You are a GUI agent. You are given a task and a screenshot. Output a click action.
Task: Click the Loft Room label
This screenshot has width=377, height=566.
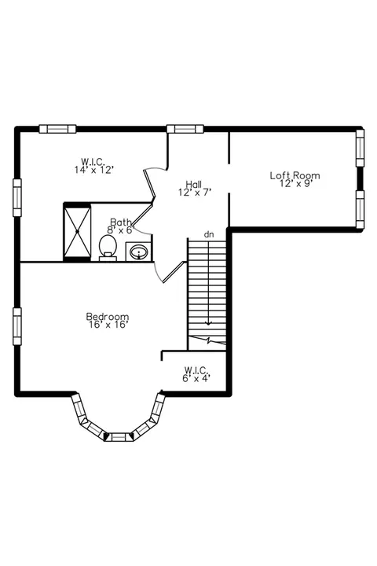(x=295, y=175)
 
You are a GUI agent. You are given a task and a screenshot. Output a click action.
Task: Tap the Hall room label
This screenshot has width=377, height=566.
(x=194, y=184)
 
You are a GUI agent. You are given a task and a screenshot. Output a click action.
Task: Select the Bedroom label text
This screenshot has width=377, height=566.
(x=108, y=317)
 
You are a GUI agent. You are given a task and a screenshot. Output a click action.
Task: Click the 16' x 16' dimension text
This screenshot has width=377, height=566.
(x=108, y=325)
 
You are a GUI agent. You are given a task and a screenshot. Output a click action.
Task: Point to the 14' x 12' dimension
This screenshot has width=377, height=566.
(x=94, y=169)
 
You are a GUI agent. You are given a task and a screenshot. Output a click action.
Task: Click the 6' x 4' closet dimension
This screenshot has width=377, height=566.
(x=196, y=378)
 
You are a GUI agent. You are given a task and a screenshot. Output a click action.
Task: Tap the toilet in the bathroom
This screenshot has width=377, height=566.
(x=108, y=248)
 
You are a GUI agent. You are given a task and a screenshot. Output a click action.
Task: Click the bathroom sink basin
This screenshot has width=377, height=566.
(x=139, y=252)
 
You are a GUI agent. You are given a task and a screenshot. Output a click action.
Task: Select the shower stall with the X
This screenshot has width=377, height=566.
(x=77, y=231)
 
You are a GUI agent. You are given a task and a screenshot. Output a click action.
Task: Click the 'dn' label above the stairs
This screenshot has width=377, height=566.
(x=209, y=234)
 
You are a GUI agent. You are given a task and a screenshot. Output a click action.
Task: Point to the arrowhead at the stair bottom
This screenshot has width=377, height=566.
(x=208, y=322)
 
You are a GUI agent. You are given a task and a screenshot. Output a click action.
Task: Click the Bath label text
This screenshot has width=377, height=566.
(x=120, y=222)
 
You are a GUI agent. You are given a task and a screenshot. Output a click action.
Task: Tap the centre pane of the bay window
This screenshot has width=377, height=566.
(x=119, y=437)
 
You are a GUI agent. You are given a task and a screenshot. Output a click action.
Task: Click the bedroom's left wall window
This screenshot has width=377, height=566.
(x=17, y=326)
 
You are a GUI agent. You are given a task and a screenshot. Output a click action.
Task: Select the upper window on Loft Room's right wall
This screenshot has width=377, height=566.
(x=360, y=148)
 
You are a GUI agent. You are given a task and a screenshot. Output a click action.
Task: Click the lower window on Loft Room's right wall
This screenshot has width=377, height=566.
(x=360, y=209)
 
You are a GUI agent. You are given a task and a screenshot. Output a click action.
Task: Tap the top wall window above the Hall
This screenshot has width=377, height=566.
(x=185, y=128)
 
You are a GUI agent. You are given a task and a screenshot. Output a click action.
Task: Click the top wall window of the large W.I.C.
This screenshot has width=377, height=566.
(x=57, y=128)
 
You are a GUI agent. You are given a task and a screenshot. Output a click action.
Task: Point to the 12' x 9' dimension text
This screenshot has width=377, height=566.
(x=295, y=183)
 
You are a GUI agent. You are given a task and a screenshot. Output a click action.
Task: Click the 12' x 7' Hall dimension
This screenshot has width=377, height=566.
(x=195, y=192)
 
